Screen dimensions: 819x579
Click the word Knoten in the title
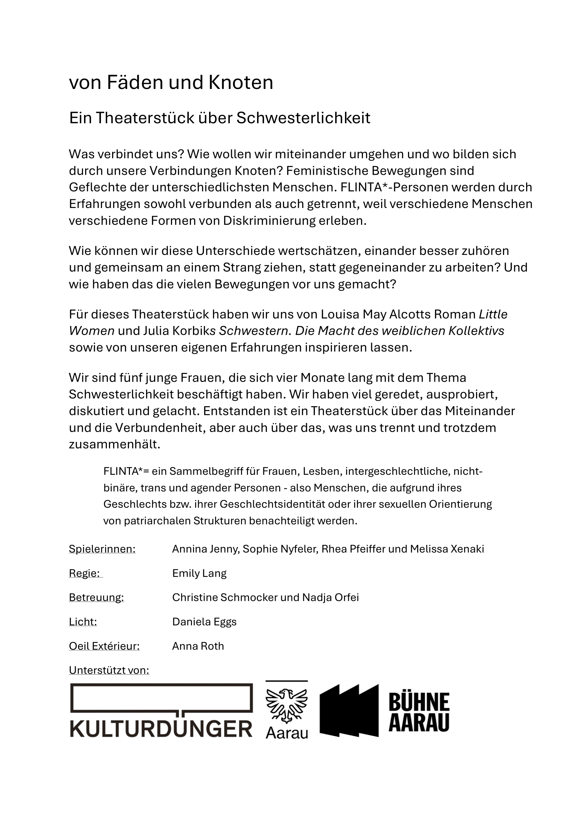click(241, 82)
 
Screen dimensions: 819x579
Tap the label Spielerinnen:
click(102, 549)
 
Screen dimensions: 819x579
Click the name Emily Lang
click(199, 573)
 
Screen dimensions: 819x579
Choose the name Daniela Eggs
click(204, 622)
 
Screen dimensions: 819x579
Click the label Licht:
click(83, 622)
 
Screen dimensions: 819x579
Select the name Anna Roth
click(198, 646)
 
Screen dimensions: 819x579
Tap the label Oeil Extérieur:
click(104, 646)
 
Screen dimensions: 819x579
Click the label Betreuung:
click(96, 597)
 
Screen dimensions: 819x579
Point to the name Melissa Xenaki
click(447, 549)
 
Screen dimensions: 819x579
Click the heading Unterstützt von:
click(109, 670)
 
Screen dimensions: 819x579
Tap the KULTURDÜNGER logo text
click(161, 729)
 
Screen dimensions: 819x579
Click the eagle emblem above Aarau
click(287, 705)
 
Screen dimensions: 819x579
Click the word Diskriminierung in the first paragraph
click(269, 221)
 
